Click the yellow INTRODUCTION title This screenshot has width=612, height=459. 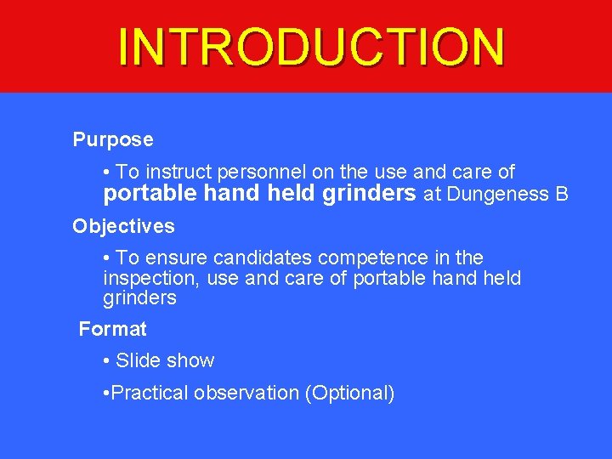[x=311, y=47]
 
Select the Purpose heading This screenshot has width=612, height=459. [x=113, y=139]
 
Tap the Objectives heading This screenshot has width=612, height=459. [x=123, y=226]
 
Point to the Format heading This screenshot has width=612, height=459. [x=112, y=329]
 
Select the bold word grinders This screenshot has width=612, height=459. [x=370, y=194]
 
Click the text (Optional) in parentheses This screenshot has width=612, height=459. [x=349, y=393]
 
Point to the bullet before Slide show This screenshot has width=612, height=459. [x=105, y=361]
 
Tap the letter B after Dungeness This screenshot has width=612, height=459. [x=561, y=194]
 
